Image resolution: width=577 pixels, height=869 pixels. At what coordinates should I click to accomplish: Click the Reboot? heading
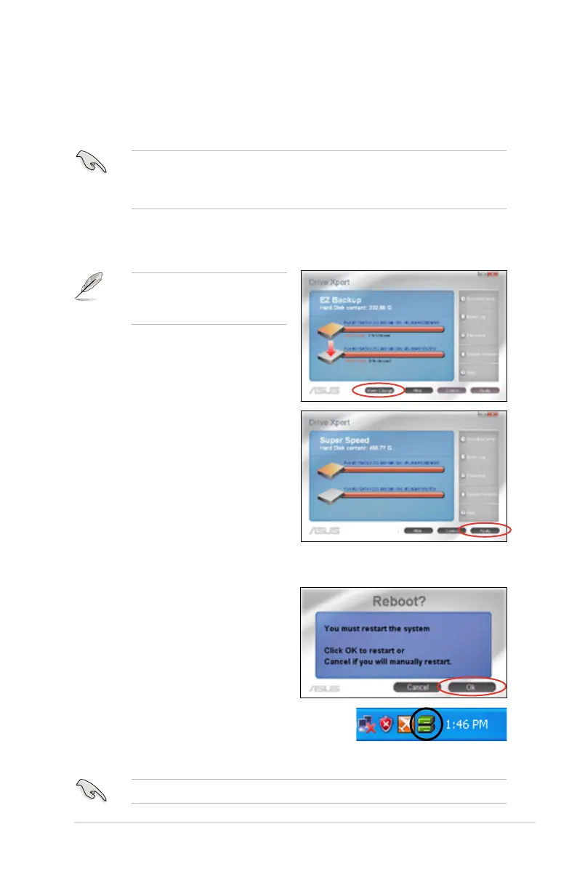403,602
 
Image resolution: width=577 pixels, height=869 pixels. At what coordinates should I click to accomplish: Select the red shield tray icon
385,725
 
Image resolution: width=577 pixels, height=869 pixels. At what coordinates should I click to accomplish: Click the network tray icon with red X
367,725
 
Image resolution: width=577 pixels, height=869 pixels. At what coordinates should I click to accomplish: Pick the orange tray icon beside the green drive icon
404,725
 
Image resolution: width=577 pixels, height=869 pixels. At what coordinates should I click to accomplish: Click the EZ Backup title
341,299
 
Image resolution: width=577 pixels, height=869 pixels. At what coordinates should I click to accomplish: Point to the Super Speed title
344,440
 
